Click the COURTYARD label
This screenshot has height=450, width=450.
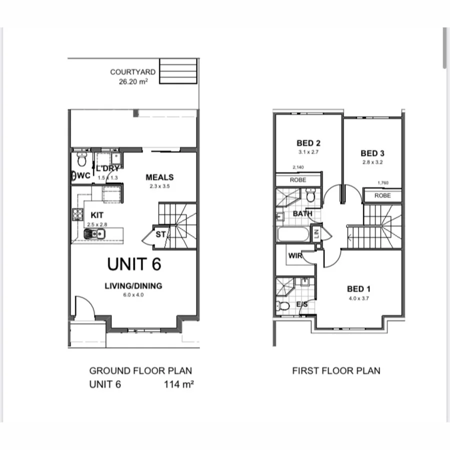(132, 72)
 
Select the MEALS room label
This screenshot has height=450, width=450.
(159, 177)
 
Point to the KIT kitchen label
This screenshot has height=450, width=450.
(97, 215)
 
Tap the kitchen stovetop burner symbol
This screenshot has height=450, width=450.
(77, 214)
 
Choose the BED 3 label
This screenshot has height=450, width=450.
(372, 153)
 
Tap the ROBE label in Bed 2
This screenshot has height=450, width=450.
(298, 180)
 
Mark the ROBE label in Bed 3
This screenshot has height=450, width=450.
(382, 196)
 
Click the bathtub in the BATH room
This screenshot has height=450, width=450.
(293, 235)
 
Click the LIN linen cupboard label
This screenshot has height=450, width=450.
(316, 232)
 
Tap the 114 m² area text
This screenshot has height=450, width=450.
(178, 384)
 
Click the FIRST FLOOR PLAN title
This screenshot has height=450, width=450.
(336, 370)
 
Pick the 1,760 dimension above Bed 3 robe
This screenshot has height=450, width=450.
(383, 183)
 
